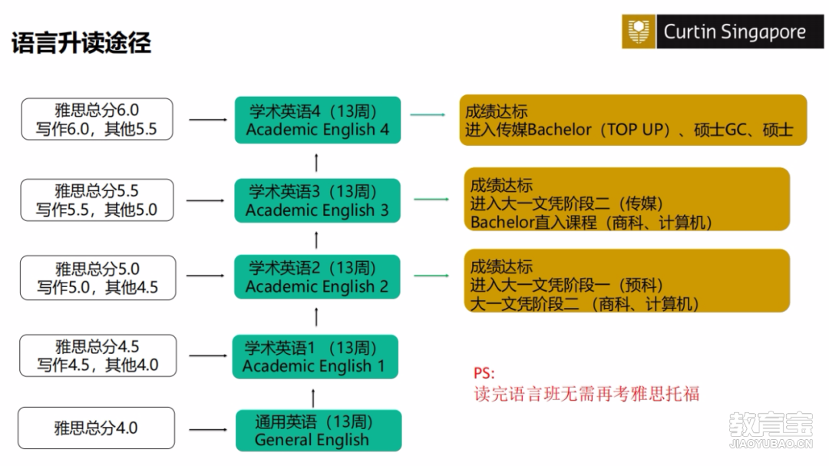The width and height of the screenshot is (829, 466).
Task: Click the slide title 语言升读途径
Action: coord(81,43)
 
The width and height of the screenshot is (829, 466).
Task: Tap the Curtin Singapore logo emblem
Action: coord(639,31)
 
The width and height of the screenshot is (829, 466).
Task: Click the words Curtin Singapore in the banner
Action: coord(735,32)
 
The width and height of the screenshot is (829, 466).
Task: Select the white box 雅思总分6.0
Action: coord(97,119)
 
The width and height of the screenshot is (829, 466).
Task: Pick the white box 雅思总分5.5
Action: coord(97,200)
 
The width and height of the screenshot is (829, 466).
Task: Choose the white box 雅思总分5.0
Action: coord(97,278)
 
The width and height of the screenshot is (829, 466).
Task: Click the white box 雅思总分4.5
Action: coord(97,355)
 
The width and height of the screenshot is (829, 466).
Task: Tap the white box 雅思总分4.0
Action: coord(96,428)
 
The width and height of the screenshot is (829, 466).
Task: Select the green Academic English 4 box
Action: coord(318,120)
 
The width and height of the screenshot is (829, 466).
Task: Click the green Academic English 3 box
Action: coord(317,200)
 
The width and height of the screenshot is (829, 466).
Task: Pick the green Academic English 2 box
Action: coord(317,276)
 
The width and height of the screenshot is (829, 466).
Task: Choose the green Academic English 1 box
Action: coord(315,356)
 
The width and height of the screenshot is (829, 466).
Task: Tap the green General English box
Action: coord(319,431)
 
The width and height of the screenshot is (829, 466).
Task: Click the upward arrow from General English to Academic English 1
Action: coord(313,398)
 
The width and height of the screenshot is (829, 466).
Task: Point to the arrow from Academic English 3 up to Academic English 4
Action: coord(316,163)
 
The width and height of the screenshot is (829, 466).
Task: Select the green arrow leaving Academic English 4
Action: coord(428,115)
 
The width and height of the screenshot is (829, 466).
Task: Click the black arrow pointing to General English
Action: coord(208,429)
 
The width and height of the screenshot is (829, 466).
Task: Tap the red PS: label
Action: coord(484,373)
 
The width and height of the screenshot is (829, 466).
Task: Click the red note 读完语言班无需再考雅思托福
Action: coord(586,394)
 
